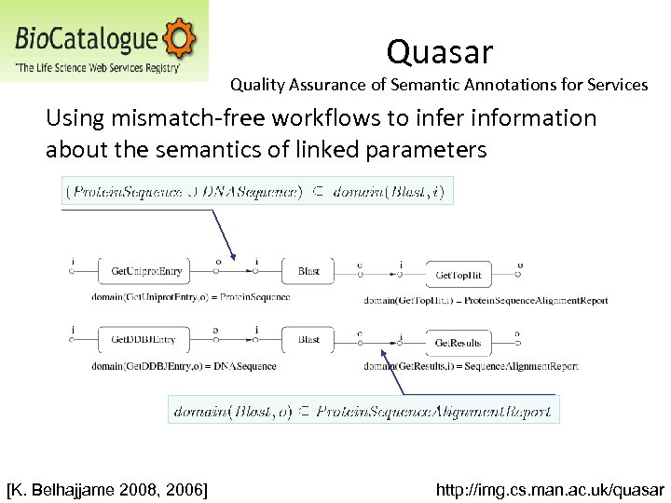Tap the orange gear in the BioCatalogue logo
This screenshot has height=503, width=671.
pos(180,39)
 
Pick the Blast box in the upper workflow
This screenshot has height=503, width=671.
pos(308,271)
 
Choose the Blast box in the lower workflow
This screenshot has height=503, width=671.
pos(308,341)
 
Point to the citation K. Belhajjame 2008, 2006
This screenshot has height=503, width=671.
pos(107,489)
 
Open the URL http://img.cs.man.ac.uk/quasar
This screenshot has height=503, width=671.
pos(551,489)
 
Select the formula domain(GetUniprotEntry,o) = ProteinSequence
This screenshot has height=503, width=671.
pos(191,297)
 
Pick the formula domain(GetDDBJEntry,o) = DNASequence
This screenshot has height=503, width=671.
pos(184,366)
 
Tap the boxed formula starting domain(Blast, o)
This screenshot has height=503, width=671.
pos(363,410)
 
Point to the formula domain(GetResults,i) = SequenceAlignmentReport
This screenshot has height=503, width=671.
pos(471,367)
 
